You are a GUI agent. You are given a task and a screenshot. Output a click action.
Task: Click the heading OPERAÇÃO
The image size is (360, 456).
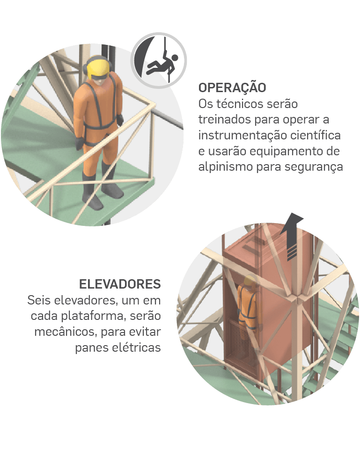[x=232, y=87]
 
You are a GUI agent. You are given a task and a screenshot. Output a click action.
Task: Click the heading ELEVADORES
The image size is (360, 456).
[x=120, y=284]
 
